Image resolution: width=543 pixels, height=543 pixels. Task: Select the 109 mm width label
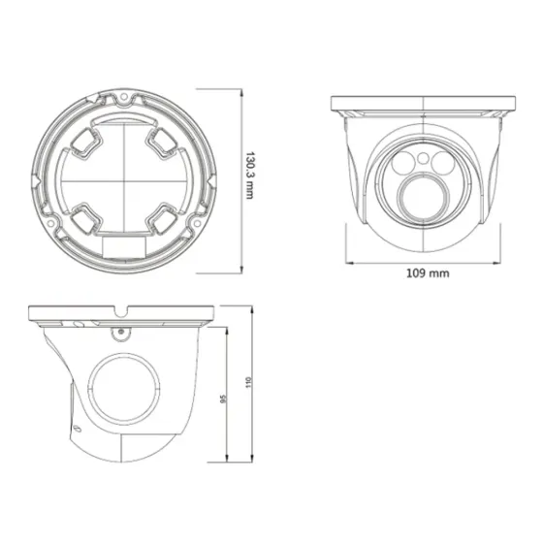click(427, 273)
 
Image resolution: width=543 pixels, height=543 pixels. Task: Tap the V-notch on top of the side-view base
click(123, 312)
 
